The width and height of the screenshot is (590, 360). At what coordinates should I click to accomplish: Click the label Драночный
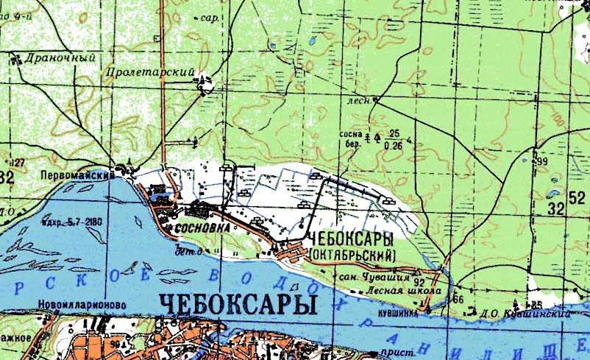pos(50,56)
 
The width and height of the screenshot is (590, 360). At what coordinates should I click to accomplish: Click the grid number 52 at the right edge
pos(577,196)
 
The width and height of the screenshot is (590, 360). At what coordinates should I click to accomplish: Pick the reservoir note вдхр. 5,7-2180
pos(72,220)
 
